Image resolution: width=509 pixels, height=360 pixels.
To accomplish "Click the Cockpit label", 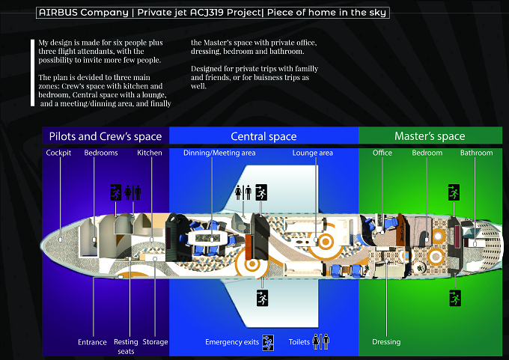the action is (58, 153).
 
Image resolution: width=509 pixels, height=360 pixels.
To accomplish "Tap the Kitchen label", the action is (149, 153).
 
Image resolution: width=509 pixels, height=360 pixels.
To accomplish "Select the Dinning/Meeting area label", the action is (219, 153).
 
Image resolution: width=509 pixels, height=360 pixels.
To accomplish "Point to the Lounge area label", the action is (313, 153).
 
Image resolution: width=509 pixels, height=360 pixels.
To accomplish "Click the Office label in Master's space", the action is (382, 153).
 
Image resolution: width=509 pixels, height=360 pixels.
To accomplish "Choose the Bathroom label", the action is (477, 153).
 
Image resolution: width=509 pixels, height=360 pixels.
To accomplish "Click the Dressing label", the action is (386, 342).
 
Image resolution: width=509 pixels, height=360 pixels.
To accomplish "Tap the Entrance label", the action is (92, 342).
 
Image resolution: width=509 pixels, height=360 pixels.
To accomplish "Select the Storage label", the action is (155, 342).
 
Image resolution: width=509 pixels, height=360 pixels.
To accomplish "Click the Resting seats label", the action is (126, 347).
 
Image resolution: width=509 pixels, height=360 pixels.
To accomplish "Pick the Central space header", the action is (263, 136).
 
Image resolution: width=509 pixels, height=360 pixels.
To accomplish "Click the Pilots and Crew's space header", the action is (106, 136).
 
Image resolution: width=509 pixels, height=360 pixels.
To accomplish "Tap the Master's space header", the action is (430, 136).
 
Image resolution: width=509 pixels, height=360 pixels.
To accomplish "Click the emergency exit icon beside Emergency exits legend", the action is (268, 343).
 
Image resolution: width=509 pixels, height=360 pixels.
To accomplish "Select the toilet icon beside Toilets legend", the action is (320, 341).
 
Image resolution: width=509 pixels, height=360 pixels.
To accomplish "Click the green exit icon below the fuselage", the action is (455, 299).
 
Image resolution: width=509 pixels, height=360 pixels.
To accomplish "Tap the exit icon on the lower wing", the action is (262, 299).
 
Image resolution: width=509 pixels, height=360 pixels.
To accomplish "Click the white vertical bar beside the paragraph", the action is (32, 73).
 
